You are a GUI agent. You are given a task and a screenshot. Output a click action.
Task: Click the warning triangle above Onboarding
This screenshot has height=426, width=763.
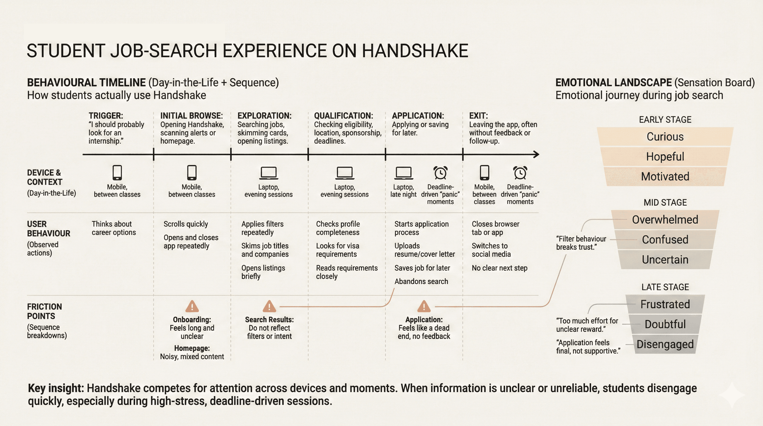click(x=192, y=307)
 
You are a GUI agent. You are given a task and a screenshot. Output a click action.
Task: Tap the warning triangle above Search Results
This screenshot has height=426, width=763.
click(x=269, y=307)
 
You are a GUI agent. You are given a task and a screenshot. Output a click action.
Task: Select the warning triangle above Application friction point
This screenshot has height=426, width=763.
click(x=424, y=307)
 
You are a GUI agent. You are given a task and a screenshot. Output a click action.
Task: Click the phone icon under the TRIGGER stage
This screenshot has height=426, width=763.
click(x=117, y=173)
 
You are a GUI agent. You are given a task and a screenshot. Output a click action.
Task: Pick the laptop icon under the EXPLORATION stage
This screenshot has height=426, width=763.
click(x=269, y=173)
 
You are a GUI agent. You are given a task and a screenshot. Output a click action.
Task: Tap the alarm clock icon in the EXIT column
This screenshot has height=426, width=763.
click(x=520, y=173)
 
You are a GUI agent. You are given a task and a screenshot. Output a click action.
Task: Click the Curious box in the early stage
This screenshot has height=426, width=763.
click(x=665, y=136)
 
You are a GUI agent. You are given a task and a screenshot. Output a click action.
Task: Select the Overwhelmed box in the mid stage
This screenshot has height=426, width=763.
click(x=665, y=219)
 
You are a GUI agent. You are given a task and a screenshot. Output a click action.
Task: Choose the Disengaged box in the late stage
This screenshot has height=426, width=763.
click(x=665, y=344)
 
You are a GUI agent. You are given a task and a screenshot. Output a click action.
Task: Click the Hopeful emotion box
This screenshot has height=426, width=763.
click(x=665, y=156)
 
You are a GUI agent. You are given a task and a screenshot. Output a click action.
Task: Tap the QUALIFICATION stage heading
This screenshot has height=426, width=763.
click(x=344, y=116)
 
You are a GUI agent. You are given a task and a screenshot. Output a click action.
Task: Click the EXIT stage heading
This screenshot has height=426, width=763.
click(x=478, y=116)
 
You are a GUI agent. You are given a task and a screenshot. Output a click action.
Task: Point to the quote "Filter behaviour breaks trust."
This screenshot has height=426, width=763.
click(x=581, y=243)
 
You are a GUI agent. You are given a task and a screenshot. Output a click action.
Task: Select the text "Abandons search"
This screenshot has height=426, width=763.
click(x=421, y=282)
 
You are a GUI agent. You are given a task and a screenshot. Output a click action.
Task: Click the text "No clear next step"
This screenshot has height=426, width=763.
click(x=499, y=268)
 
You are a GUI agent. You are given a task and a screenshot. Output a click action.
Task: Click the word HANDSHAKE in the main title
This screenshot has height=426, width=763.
click(x=415, y=51)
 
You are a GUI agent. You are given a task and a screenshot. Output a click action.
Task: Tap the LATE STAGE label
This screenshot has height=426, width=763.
click(x=665, y=287)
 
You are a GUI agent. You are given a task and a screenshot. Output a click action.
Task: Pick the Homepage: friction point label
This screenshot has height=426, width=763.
click(x=192, y=348)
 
